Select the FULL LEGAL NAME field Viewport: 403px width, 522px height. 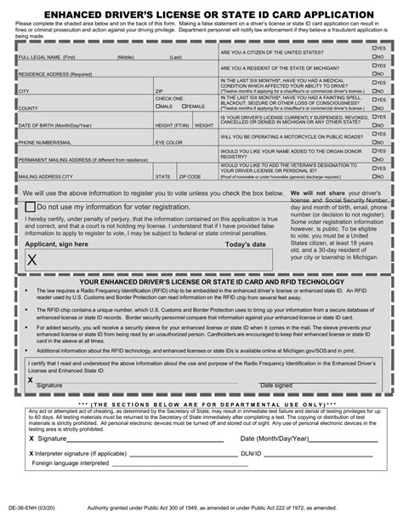111,53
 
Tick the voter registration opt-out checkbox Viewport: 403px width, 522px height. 31,207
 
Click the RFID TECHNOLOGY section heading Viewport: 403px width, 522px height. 201,280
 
